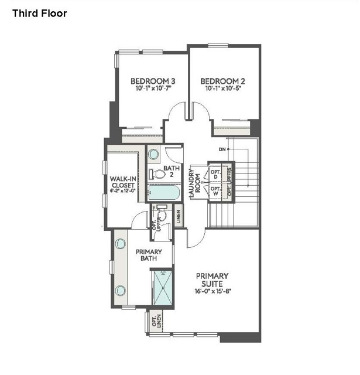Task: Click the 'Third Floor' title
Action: pos(40,13)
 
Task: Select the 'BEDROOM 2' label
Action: pos(223,81)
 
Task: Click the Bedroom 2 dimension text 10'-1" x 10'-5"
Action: pos(223,90)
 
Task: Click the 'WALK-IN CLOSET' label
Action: pos(123,184)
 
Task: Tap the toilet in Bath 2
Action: pos(155,174)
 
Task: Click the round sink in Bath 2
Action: pos(153,155)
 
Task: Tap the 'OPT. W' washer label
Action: pos(215,191)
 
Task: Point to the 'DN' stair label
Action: pos(222,149)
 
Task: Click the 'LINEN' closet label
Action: pos(178,216)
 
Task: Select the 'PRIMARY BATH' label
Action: pos(149,255)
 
